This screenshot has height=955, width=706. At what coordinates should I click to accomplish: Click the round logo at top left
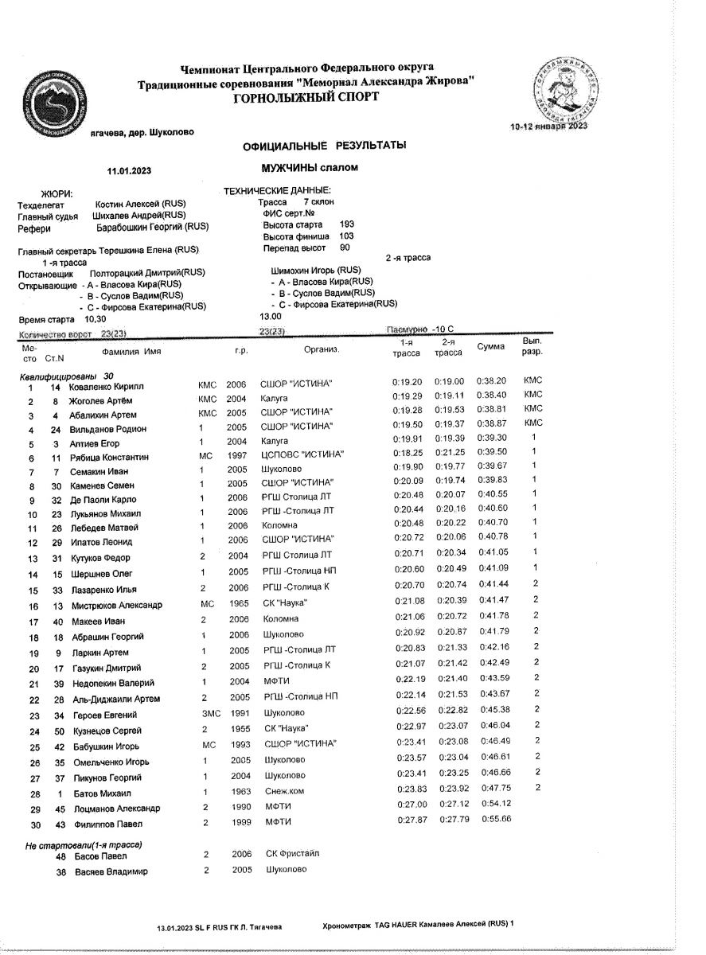pos(53,102)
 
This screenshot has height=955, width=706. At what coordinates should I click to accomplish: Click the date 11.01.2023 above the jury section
pos(130,170)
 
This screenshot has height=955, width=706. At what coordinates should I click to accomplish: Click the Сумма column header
pos(490,347)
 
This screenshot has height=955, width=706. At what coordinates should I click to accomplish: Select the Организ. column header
pos(322,349)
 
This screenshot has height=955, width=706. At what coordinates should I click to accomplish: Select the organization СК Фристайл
pos(292,854)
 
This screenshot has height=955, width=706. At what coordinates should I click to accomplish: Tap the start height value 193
pos(347,224)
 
